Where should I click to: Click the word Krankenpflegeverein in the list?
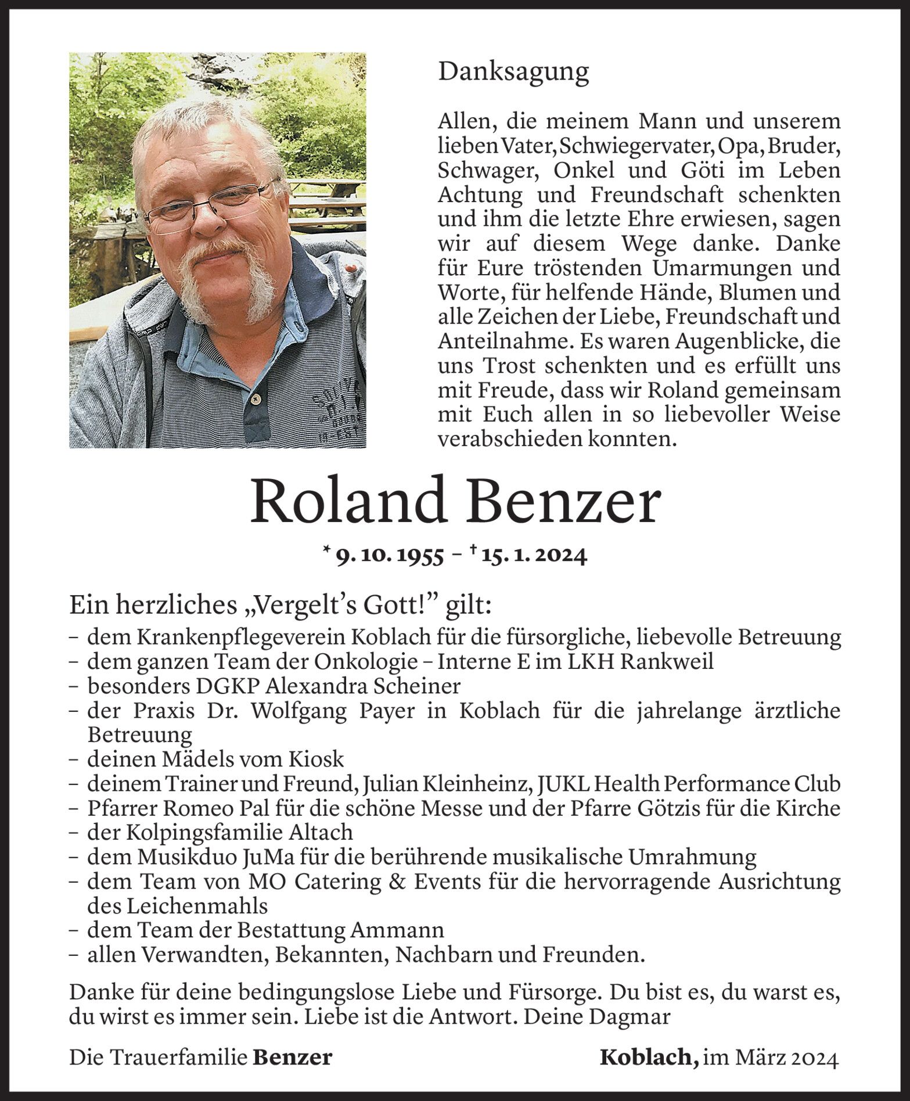click(x=243, y=637)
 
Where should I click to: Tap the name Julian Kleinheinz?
click(x=436, y=783)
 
